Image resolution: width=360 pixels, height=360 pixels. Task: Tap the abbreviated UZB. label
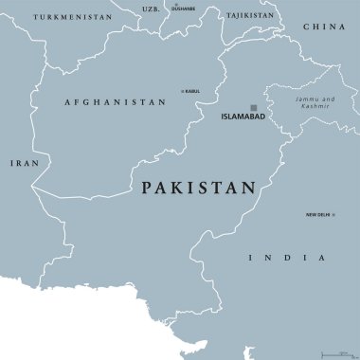click(x=150, y=9)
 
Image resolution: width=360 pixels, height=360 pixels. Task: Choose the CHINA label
click(x=324, y=27)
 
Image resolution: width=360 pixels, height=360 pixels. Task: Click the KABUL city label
click(x=193, y=92)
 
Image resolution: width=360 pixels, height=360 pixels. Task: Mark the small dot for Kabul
click(x=182, y=92)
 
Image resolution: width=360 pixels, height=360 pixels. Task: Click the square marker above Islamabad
click(x=253, y=107)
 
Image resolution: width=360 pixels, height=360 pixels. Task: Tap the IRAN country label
click(x=20, y=163)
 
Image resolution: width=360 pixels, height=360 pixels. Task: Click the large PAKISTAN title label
click(x=198, y=189)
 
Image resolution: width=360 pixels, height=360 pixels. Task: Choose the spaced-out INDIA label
click(x=286, y=258)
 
